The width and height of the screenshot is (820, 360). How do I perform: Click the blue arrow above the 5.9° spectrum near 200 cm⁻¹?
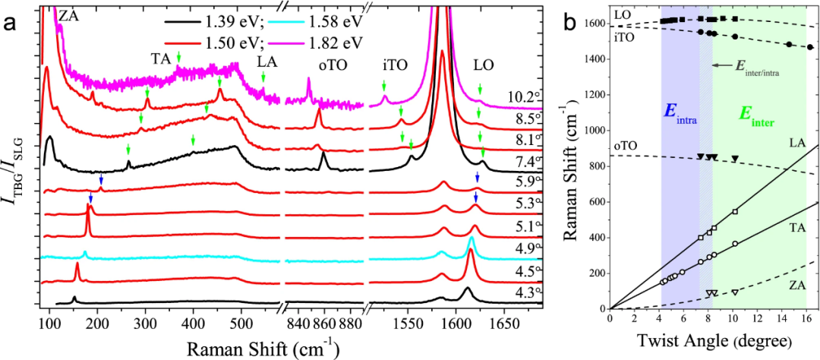(x=100, y=178)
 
